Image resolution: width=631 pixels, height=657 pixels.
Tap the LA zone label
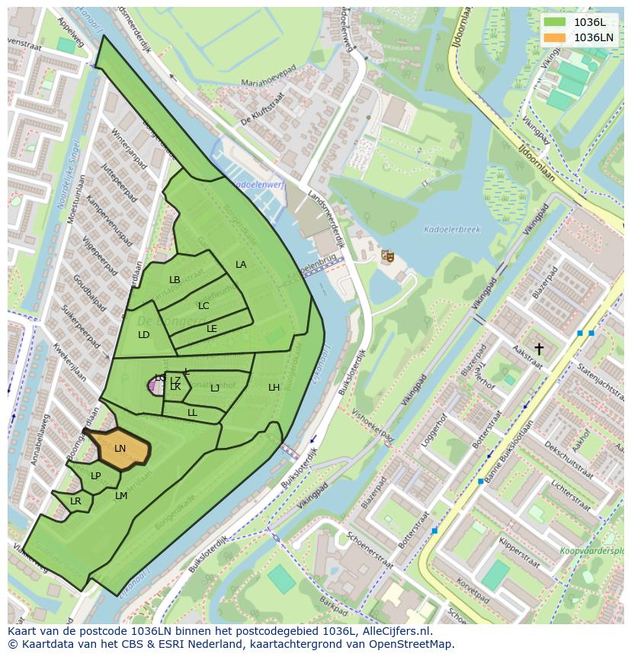(241, 265)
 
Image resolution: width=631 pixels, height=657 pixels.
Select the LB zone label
(175, 280)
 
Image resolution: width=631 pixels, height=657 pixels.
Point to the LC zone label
(203, 306)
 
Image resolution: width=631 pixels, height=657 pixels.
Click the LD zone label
(144, 335)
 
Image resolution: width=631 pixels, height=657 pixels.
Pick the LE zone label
(212, 329)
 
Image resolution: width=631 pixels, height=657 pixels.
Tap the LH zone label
(274, 388)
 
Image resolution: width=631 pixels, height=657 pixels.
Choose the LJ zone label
(215, 388)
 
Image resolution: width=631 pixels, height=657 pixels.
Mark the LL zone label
(192, 413)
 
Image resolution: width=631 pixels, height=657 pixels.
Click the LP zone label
(96, 476)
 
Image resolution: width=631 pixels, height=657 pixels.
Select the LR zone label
(75, 501)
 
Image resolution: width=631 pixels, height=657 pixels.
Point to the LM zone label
(121, 496)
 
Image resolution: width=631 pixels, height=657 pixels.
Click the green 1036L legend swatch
(555, 22)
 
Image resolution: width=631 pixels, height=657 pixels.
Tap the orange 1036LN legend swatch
(555, 37)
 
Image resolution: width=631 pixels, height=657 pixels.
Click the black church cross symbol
(539, 349)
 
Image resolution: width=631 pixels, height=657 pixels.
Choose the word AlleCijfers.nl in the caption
(396, 631)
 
